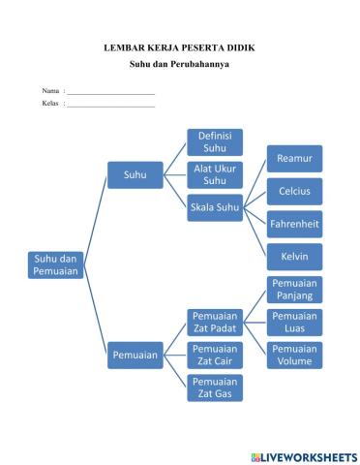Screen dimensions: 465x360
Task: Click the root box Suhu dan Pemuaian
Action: pyautogui.click(x=56, y=265)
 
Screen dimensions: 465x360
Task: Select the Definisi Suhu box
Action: pyautogui.click(x=214, y=142)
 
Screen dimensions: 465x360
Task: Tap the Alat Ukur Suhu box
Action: pyautogui.click(x=214, y=174)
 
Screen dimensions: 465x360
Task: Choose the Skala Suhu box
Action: pyautogui.click(x=214, y=207)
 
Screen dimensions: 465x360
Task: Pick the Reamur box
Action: pyautogui.click(x=294, y=158)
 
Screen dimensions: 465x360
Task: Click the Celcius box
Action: pyautogui.click(x=294, y=191)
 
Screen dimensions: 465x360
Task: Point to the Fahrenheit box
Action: pyautogui.click(x=294, y=224)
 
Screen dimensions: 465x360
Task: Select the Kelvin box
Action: pyautogui.click(x=294, y=257)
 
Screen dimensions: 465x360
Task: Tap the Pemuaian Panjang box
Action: pyautogui.click(x=294, y=289)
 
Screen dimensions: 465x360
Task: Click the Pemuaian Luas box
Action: pyautogui.click(x=294, y=322)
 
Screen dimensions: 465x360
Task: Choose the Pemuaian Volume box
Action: pyautogui.click(x=294, y=355)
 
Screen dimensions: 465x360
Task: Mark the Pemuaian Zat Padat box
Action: pyautogui.click(x=214, y=322)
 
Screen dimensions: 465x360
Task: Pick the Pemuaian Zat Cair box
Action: pyautogui.click(x=214, y=355)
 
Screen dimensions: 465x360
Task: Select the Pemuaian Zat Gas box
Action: pyautogui.click(x=214, y=387)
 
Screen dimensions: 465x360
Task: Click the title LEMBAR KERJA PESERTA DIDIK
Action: pyautogui.click(x=179, y=46)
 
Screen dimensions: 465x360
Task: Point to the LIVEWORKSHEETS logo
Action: pyautogui.click(x=303, y=456)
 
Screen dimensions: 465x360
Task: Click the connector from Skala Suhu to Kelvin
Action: pyautogui.click(x=255, y=232)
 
